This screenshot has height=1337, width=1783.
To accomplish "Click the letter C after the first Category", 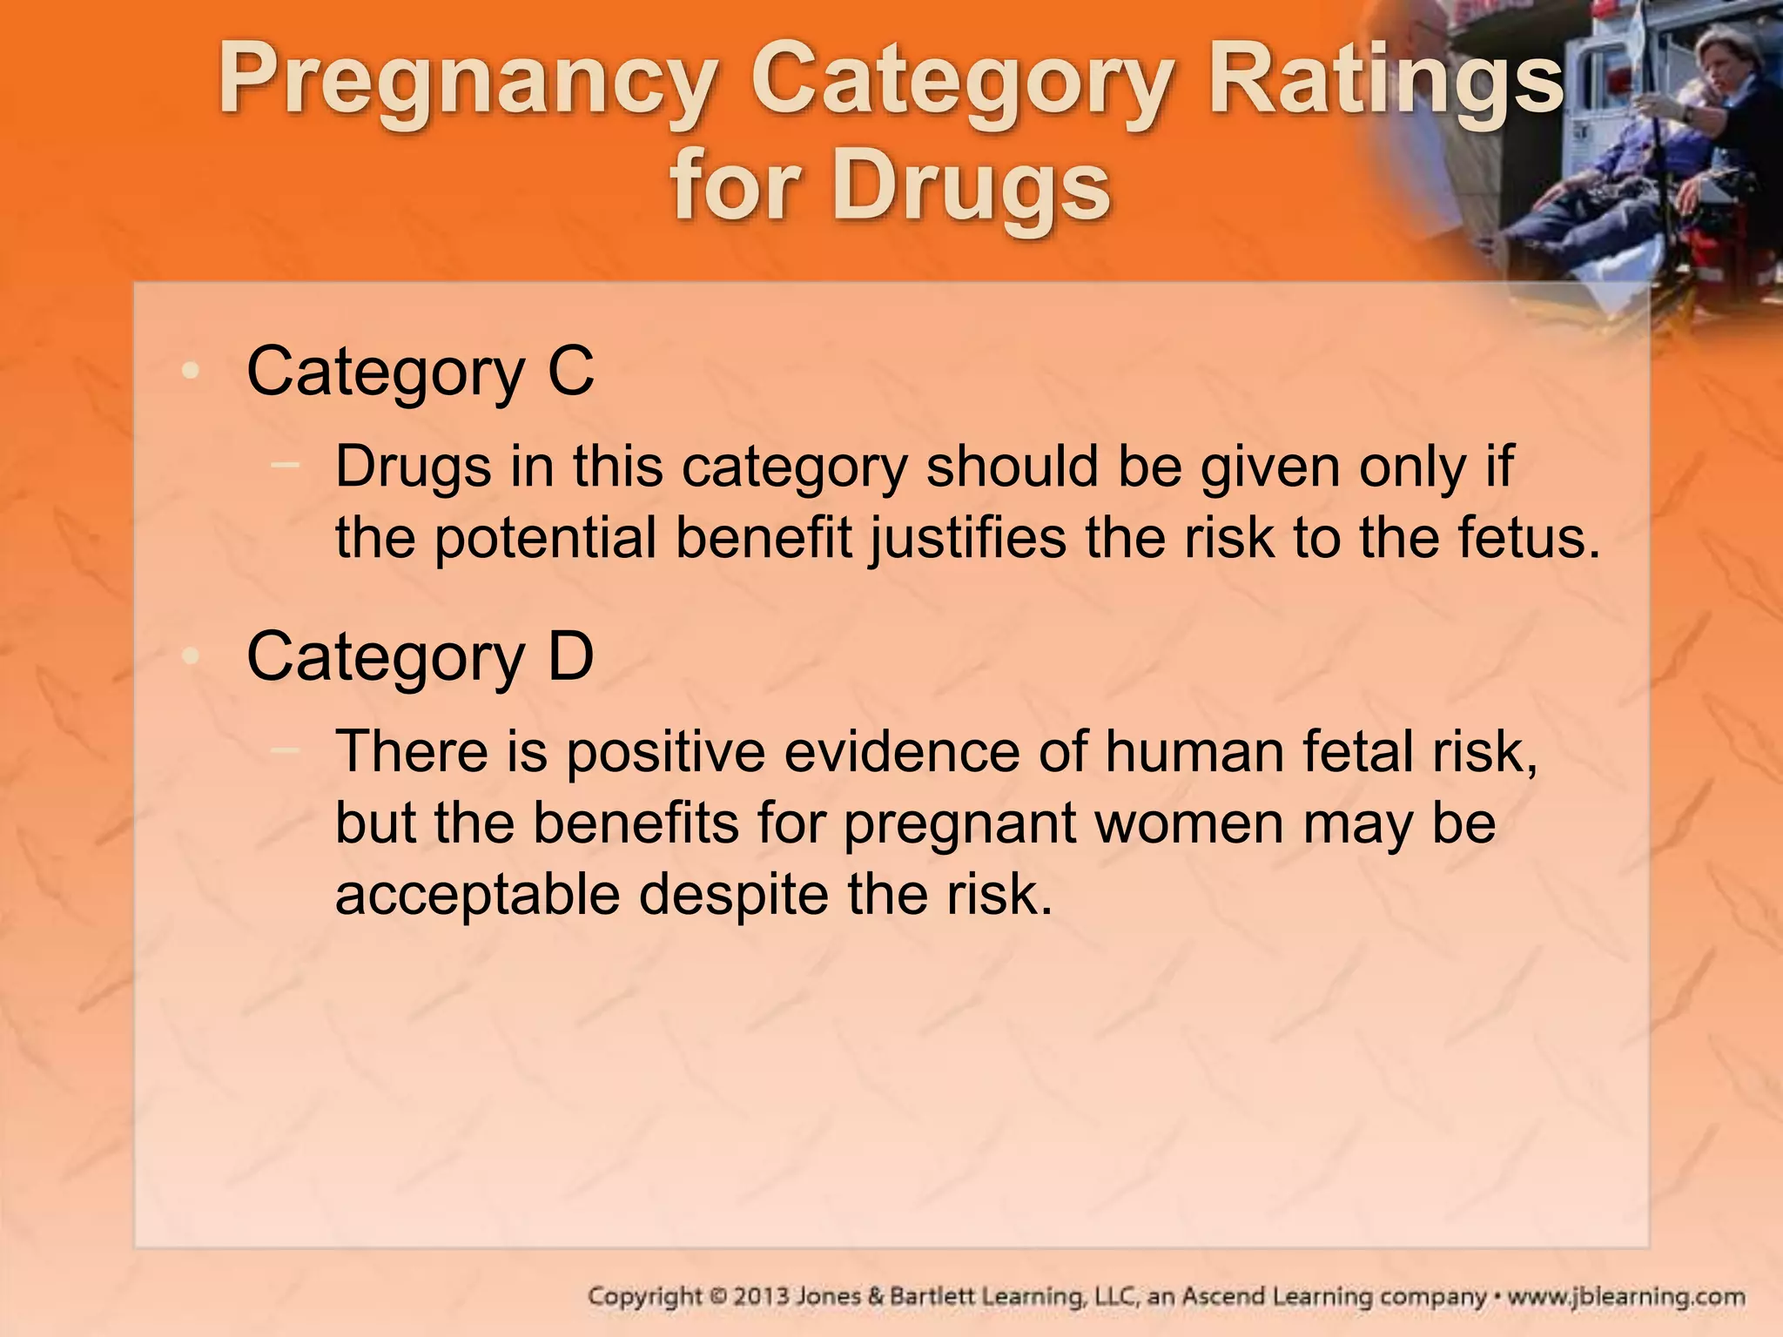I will click(x=570, y=372).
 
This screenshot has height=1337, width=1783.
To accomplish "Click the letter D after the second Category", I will click(x=570, y=657).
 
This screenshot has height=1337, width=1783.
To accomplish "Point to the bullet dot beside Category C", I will click(x=190, y=372).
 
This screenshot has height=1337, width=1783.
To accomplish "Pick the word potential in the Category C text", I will click(x=544, y=539).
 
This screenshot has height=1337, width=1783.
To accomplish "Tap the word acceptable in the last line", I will click(x=476, y=896).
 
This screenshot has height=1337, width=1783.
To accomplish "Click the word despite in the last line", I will click(x=733, y=896).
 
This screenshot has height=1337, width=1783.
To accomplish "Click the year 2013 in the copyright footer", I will click(x=762, y=1297).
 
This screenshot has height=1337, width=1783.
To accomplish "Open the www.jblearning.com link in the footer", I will click(x=1625, y=1297).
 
